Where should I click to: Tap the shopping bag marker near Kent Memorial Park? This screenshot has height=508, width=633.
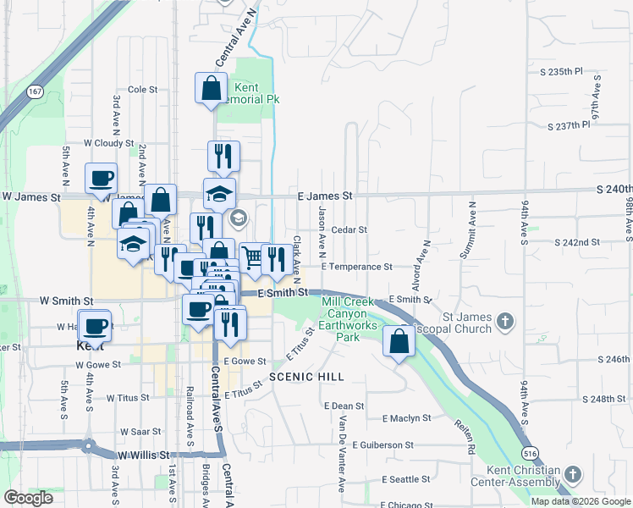point(211,88)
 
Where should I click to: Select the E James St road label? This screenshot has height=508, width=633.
point(326,196)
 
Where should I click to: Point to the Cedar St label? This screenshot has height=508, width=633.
point(349,229)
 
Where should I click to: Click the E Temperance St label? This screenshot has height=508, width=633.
point(356,266)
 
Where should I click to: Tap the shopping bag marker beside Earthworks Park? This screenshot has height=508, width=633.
point(399,341)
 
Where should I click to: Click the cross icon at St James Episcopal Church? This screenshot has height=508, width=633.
point(505,320)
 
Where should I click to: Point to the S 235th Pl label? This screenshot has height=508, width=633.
point(566,72)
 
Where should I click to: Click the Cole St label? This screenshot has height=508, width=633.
point(143,89)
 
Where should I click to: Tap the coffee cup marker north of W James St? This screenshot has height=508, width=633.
point(101,179)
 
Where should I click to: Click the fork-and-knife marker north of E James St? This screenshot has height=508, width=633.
point(223,156)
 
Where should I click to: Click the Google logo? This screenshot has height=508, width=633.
point(28,498)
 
